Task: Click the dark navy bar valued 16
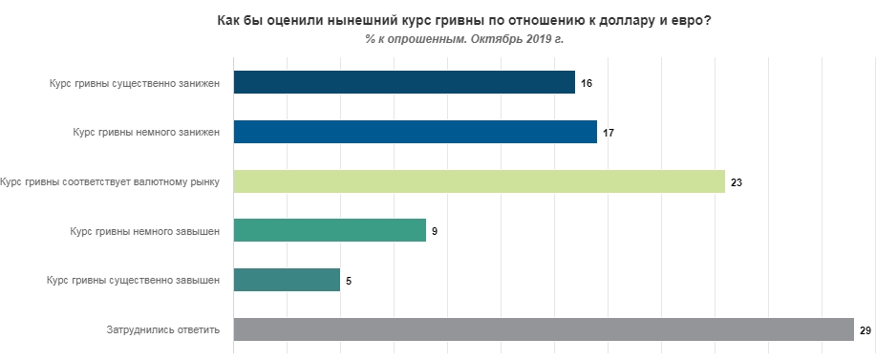(x=404, y=83)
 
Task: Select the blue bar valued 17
(x=415, y=132)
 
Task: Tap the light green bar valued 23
(x=479, y=181)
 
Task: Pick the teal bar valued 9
(x=330, y=231)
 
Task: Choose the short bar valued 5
(x=287, y=280)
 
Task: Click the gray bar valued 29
(x=543, y=329)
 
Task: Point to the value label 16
(x=587, y=83)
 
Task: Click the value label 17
(x=609, y=133)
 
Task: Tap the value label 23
(x=737, y=181)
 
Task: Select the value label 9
(x=435, y=231)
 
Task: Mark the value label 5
(x=349, y=281)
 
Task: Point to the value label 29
(x=865, y=330)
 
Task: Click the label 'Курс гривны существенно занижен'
(x=136, y=83)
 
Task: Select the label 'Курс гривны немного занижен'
(x=147, y=132)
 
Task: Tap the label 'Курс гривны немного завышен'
(x=146, y=231)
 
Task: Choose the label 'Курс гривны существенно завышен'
(x=135, y=280)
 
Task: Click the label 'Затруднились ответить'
(x=164, y=329)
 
